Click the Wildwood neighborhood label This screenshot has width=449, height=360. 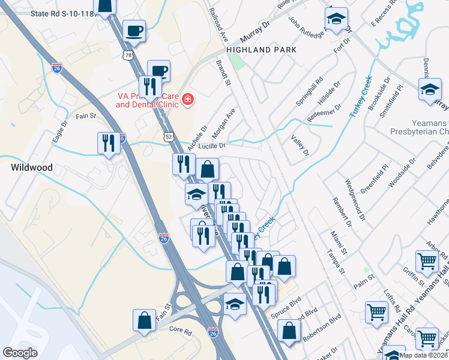(31, 167)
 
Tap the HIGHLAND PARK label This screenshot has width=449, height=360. (262, 50)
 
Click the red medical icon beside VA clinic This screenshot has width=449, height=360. (187, 99)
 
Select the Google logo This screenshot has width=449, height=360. (20, 353)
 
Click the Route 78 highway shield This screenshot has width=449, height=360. (128, 55)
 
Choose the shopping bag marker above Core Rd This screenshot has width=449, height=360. (145, 320)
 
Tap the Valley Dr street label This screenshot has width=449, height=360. (300, 145)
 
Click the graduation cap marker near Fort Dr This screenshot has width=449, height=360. (337, 21)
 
